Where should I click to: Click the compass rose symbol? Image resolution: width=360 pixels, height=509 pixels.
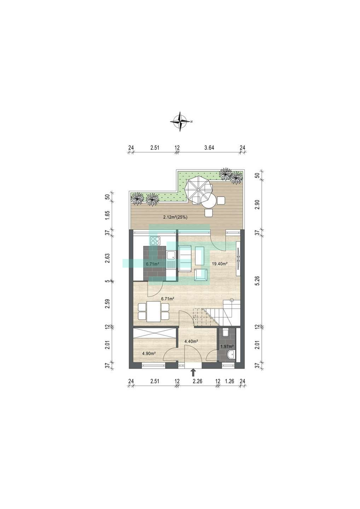pos(180,122)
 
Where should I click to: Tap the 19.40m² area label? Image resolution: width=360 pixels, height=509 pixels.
pos(220,264)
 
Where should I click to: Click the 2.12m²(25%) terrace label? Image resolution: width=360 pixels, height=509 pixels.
pos(175,217)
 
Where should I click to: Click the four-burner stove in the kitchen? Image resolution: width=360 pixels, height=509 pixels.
pos(155,241)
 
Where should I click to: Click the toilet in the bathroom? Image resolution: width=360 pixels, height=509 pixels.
pos(226,333)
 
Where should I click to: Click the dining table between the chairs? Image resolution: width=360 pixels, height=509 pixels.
pos(153,311)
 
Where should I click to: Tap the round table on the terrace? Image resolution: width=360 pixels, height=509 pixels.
pos(208,200)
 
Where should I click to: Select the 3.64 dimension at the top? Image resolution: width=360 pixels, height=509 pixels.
pos(209,148)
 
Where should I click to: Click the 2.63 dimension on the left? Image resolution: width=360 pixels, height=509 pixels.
pos(108,258)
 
